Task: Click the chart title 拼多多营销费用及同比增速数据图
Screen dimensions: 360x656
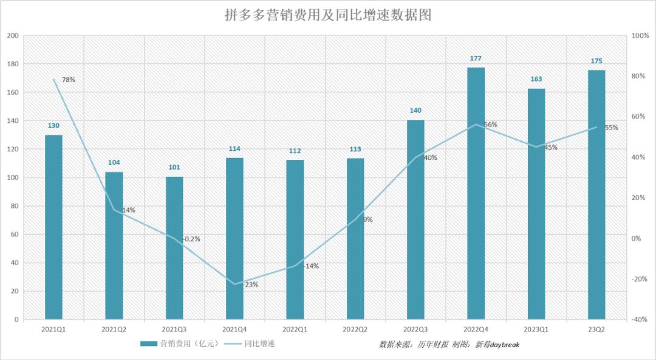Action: pyautogui.click(x=328, y=15)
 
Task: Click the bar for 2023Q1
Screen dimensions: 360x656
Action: pyautogui.click(x=536, y=204)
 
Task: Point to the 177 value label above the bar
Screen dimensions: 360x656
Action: pyautogui.click(x=476, y=58)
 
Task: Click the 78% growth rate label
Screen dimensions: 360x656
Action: pyautogui.click(x=68, y=80)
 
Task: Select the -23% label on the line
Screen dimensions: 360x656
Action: pyautogui.click(x=250, y=285)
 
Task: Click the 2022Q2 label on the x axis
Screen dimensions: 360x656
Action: pyautogui.click(x=355, y=329)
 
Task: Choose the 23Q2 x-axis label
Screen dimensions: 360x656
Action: pyautogui.click(x=596, y=329)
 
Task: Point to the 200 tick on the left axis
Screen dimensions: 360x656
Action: pyautogui.click(x=13, y=36)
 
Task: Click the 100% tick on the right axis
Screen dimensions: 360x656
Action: pyautogui.click(x=640, y=36)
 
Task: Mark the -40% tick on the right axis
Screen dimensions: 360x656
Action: pyautogui.click(x=640, y=320)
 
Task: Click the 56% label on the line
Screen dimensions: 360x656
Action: pyautogui.click(x=490, y=125)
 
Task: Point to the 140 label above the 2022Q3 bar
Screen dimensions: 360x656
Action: pyautogui.click(x=415, y=111)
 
